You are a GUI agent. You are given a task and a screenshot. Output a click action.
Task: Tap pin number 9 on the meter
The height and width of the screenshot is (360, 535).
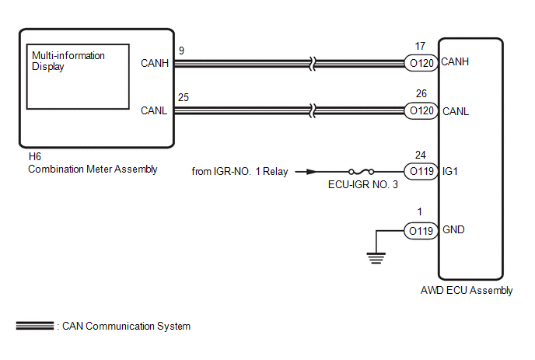pos(181,51)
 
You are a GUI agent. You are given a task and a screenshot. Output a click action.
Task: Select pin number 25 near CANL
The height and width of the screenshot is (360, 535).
pos(184,98)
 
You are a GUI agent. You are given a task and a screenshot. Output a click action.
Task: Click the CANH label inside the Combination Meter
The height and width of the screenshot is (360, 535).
pos(155,63)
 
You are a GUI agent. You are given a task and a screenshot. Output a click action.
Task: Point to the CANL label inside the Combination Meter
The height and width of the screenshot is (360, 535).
pos(154,110)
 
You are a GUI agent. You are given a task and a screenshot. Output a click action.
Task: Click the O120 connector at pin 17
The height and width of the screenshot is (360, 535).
pos(421,63)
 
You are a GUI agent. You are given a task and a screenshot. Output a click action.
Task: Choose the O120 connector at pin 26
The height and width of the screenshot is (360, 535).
pos(421,110)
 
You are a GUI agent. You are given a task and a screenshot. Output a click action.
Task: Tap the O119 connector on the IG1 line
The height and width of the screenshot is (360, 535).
pos(421,171)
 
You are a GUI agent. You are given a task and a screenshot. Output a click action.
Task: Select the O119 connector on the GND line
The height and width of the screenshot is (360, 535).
pos(421,231)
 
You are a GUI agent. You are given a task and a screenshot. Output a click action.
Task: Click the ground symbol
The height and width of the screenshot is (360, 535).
pos(376,258)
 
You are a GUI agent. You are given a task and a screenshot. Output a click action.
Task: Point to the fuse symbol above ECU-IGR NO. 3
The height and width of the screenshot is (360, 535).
pos(362,171)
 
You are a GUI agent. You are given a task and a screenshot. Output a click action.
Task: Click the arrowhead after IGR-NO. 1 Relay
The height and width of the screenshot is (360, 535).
pos(311,172)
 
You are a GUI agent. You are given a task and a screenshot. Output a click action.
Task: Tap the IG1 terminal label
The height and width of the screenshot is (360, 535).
pos(450,171)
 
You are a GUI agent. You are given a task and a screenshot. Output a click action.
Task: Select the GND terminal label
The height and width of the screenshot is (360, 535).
pos(453,229)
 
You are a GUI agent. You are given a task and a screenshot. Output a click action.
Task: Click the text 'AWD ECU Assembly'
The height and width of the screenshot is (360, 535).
pos(467,290)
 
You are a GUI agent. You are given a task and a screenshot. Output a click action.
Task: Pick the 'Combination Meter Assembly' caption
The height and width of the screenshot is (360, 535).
pos(93,170)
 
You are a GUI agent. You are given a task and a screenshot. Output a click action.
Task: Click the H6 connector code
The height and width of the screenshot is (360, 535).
pos(34,156)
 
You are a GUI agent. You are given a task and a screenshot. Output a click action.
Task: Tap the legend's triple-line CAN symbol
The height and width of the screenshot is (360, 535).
pos(35,326)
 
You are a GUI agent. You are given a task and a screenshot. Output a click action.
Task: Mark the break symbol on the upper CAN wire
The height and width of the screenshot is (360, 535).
pos(313,64)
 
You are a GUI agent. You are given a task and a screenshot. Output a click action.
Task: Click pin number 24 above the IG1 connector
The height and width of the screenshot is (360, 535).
pos(421,156)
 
